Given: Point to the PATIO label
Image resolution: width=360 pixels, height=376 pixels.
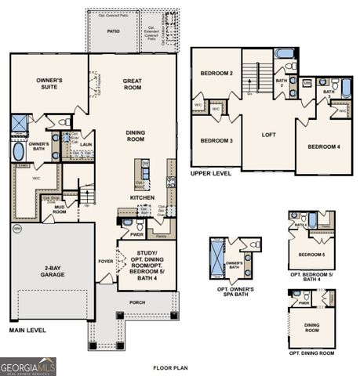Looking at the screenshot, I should coord(113,31).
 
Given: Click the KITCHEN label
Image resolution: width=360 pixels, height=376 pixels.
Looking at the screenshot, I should coord(143,197).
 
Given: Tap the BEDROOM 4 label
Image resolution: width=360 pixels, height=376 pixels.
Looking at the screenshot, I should coord(323,146).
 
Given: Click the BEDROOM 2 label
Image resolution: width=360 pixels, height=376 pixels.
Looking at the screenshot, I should coord(216,73).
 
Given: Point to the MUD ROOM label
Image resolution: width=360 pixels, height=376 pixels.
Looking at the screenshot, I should coord(60,209).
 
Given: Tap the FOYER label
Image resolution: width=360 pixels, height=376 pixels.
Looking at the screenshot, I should coord(105,262).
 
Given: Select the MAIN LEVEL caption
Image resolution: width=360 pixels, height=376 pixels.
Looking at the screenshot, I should coord(27,331).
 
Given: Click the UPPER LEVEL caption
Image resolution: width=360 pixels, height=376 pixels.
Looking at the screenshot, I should coord(212,173).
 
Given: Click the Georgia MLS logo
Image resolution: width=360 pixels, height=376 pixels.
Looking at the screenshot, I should coord(28,366).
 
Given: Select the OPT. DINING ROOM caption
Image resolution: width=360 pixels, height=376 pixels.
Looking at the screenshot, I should coord(311,353).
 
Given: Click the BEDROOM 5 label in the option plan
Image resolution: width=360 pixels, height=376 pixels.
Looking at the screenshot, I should coord(311,255).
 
